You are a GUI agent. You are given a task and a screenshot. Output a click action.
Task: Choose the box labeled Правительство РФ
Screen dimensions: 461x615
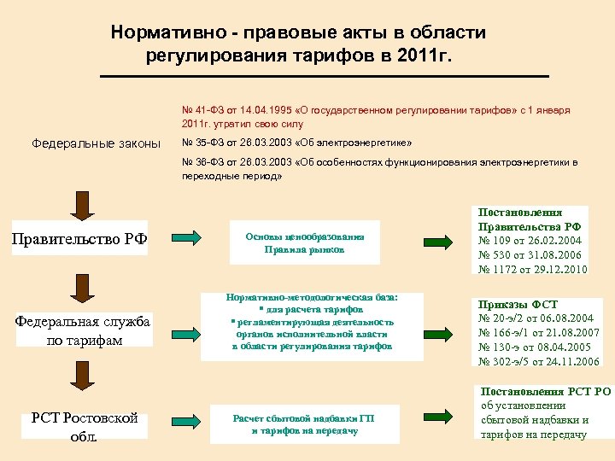point(79,239)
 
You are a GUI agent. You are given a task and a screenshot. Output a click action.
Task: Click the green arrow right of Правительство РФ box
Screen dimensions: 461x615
point(187,238)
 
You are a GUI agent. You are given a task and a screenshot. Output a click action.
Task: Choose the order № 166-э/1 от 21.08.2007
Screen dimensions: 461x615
point(538,332)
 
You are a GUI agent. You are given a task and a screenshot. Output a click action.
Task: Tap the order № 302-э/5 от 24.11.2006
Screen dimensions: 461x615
point(538,360)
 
